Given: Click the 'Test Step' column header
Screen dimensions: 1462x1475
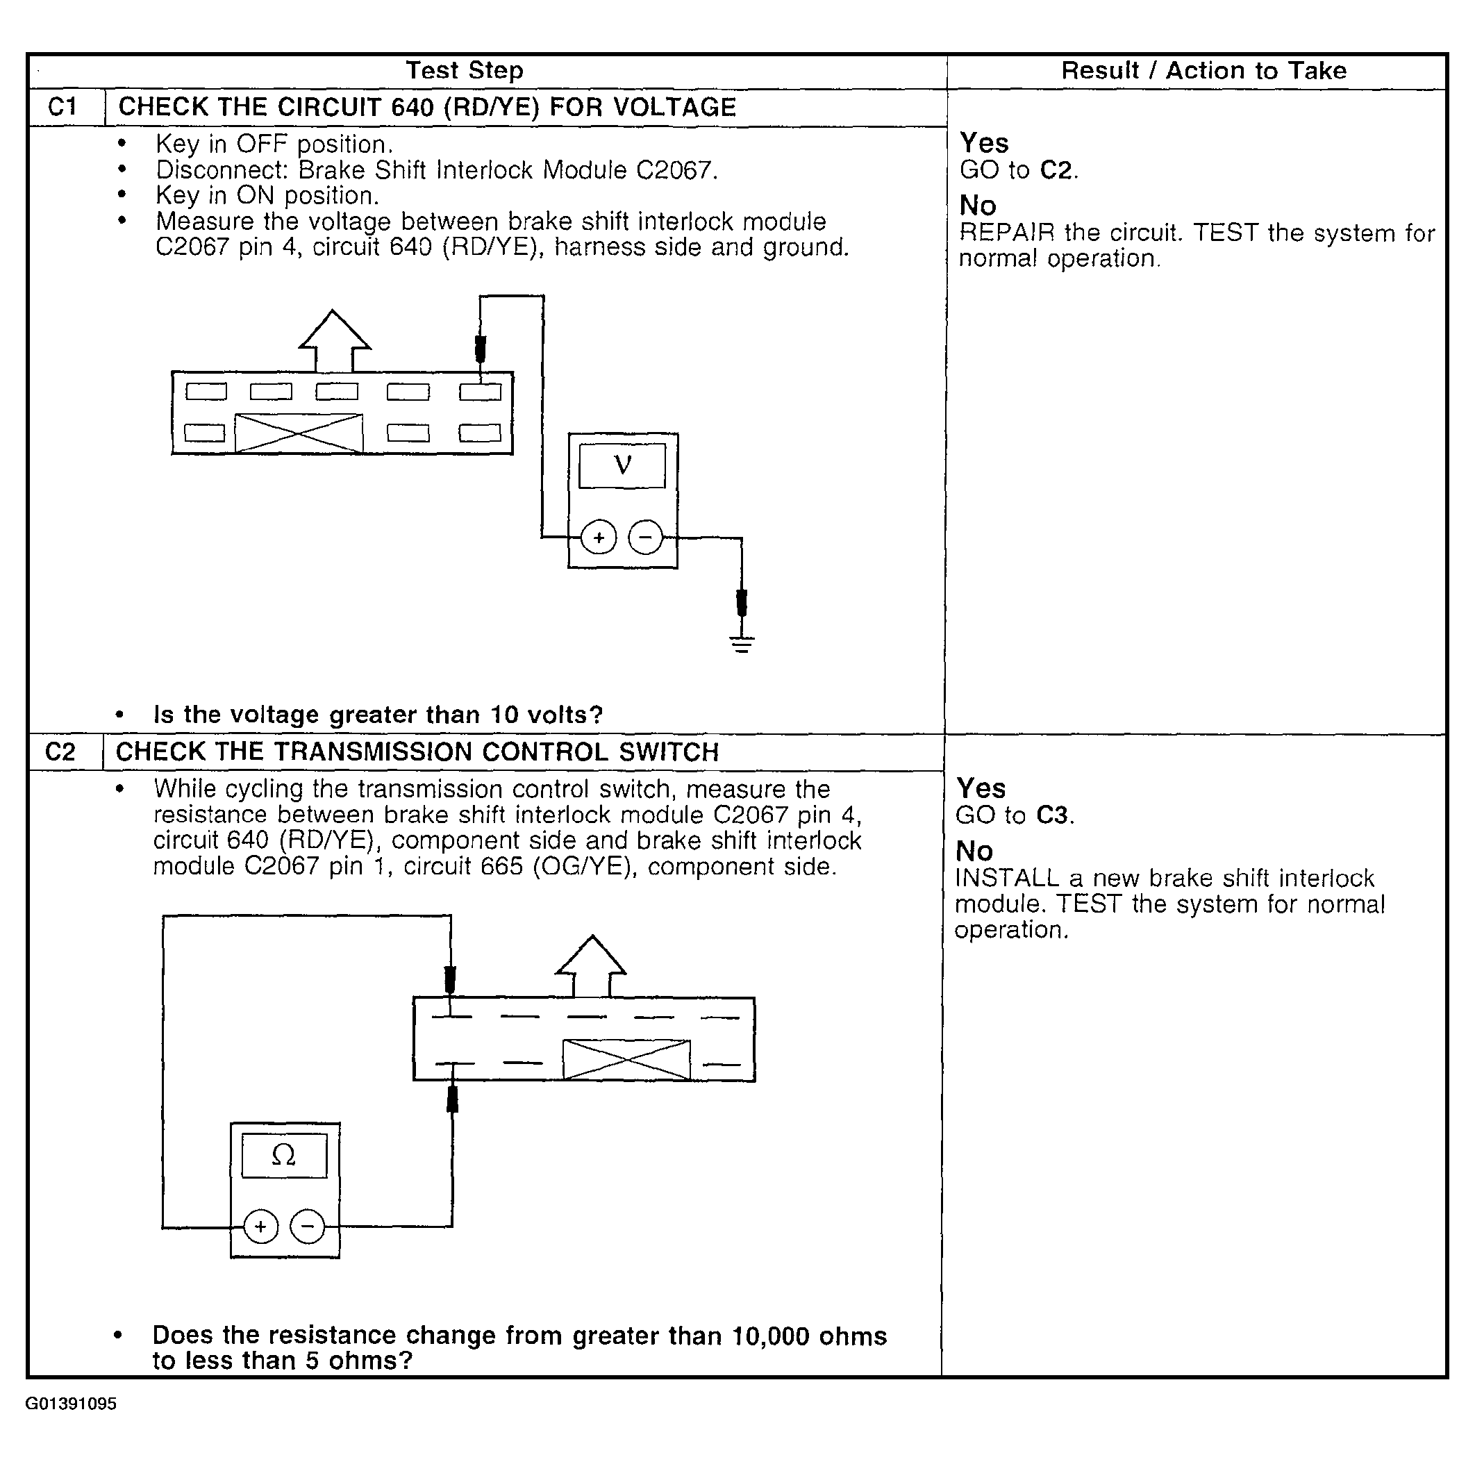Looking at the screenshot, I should coord(464,70).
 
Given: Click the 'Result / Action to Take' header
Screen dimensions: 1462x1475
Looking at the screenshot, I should coord(1203,70).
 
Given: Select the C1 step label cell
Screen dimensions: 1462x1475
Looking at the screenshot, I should coord(62,107).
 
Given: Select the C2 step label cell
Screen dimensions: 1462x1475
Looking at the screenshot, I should coord(60,752).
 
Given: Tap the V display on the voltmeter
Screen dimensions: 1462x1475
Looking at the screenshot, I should coord(622,465).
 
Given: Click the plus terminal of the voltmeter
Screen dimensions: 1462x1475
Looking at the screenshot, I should coord(599,538).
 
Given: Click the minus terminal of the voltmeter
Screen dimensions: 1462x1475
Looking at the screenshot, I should coord(646,538).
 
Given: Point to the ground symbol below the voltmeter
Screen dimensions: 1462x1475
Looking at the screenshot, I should coord(741,645).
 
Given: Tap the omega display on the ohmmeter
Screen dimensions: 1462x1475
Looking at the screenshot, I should coord(284,1155).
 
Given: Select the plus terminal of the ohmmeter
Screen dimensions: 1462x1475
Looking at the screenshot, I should coord(261,1227).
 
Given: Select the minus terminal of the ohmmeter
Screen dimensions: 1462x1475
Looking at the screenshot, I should coord(308,1227).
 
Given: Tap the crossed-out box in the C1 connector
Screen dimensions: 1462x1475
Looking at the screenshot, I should coord(299,433).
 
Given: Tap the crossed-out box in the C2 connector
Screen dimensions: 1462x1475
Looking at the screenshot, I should coord(626,1060).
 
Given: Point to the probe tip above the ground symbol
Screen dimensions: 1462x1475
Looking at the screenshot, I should coord(741,602).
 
